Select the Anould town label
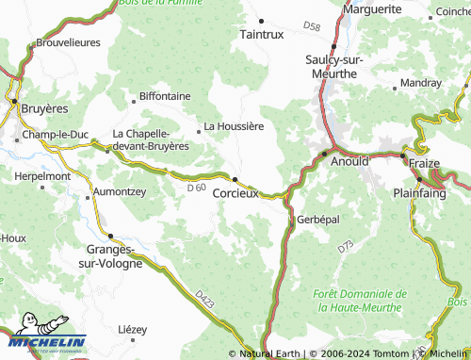[x=350, y=161]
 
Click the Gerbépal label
[x=317, y=219]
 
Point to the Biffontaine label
[x=165, y=96]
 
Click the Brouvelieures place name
[x=67, y=43]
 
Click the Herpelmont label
[x=42, y=176]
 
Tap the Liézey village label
[x=133, y=329]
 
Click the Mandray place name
[x=420, y=83]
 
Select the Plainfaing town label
[x=420, y=191]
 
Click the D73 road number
[x=345, y=247]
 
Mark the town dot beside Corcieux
[x=235, y=177]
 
